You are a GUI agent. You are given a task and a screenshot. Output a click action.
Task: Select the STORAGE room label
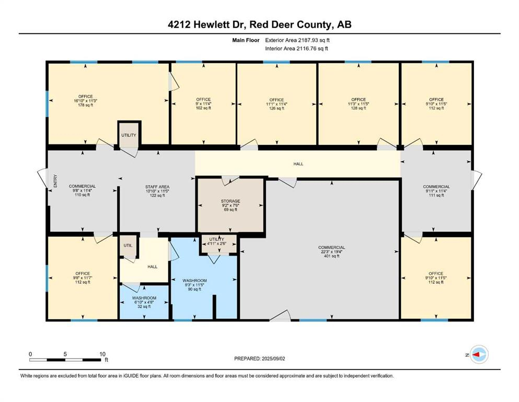(230, 201)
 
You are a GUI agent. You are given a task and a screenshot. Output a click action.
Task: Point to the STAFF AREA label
(157, 187)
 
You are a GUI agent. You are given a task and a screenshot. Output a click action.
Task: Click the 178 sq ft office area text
(85, 105)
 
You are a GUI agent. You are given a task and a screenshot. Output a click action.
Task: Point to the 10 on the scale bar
(102, 354)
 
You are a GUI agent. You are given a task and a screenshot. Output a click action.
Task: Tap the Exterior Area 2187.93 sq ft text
(297, 40)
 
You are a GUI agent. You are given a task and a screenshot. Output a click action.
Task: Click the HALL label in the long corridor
(298, 164)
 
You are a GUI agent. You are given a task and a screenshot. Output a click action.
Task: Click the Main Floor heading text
(247, 40)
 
